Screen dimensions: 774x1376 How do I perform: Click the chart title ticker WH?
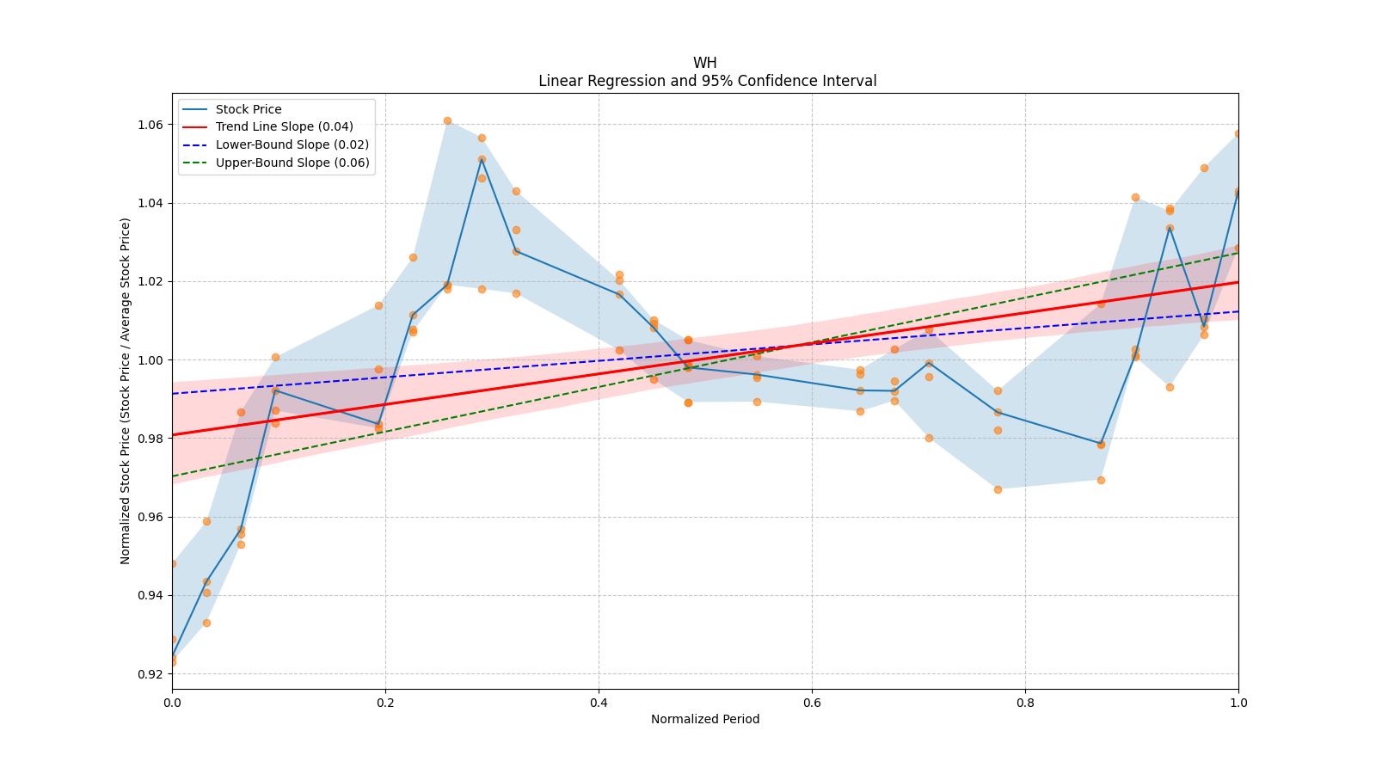[704, 63]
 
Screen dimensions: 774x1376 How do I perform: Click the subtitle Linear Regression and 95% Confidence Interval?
[707, 81]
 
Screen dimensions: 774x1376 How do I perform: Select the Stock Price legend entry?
[249, 109]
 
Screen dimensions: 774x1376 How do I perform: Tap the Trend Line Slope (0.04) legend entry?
[284, 127]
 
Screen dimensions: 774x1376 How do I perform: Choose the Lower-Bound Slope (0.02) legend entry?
[292, 144]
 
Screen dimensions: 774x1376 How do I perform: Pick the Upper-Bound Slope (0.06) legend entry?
[292, 163]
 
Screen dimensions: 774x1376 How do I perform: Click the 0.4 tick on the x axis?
[599, 703]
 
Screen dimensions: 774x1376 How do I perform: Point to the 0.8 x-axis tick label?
[1025, 703]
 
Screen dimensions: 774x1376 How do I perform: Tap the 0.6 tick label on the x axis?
[812, 703]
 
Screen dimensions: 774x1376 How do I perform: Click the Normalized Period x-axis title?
[705, 719]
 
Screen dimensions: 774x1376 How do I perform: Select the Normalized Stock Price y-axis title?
[126, 391]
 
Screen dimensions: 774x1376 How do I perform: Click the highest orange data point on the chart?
[447, 120]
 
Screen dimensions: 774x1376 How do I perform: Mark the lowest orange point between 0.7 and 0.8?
[998, 489]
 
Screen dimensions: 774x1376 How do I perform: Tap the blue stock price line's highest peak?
[482, 159]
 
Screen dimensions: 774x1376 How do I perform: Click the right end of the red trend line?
[1238, 282]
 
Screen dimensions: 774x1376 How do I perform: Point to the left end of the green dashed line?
[173, 476]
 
